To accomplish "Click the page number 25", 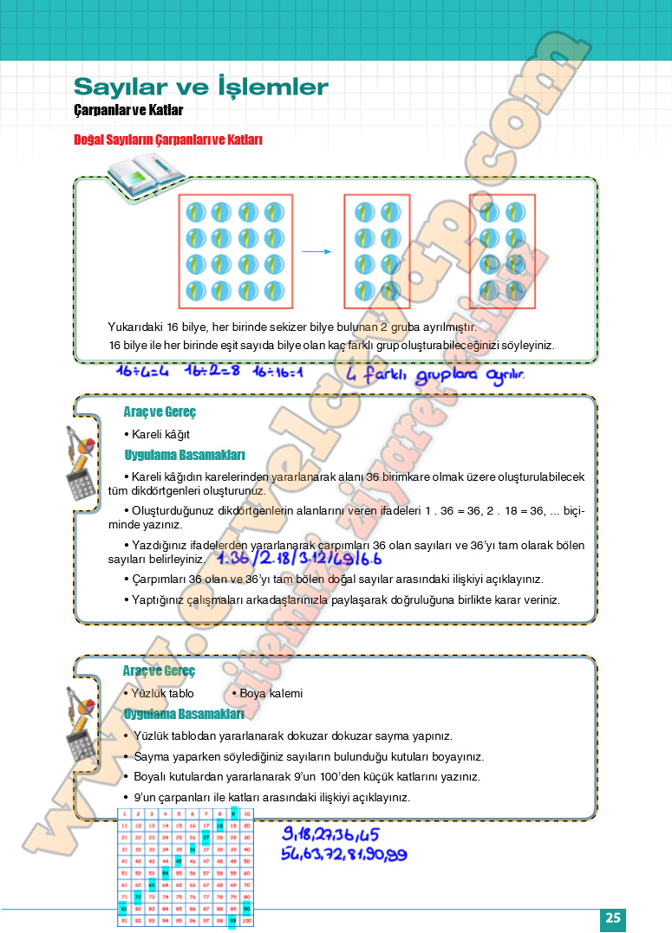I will tap(613, 918).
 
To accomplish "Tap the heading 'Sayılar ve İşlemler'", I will tap(201, 87).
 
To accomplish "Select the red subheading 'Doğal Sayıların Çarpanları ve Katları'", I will tap(168, 139).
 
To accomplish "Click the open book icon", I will tap(146, 177).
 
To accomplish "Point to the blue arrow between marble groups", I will tap(317, 252).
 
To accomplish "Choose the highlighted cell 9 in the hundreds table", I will tap(233, 814).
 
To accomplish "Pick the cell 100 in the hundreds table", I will tap(246, 920).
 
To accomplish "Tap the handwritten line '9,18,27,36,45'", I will tap(330, 834).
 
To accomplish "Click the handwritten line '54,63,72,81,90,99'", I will tap(343, 854).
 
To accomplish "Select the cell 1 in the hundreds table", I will tap(125, 814).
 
